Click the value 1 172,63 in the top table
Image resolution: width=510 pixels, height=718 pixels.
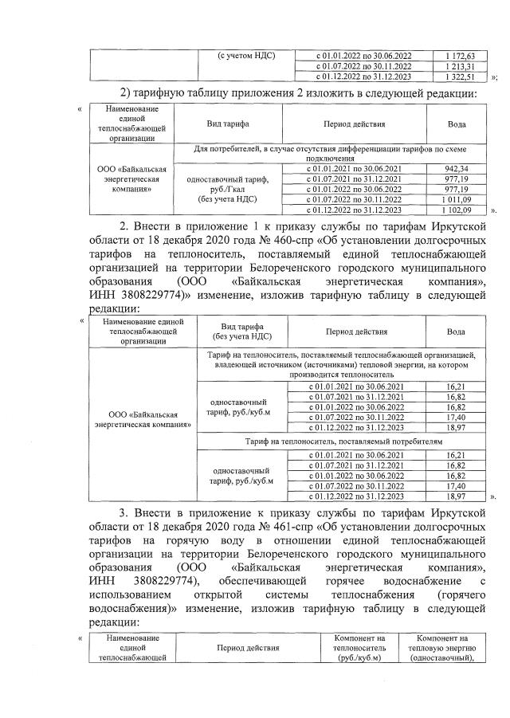(459, 55)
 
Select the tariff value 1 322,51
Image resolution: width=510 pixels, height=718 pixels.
(459, 77)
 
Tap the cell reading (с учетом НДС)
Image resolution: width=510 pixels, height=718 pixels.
(246, 55)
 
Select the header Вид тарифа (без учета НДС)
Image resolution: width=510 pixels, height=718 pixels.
(231, 331)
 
